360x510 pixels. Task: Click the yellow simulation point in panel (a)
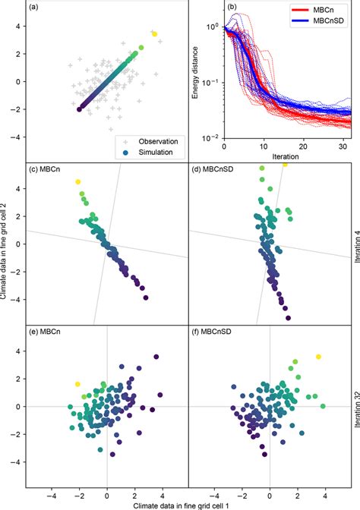click(154, 34)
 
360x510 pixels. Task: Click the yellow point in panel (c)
click(77, 182)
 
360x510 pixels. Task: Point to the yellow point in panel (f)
click(319, 356)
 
